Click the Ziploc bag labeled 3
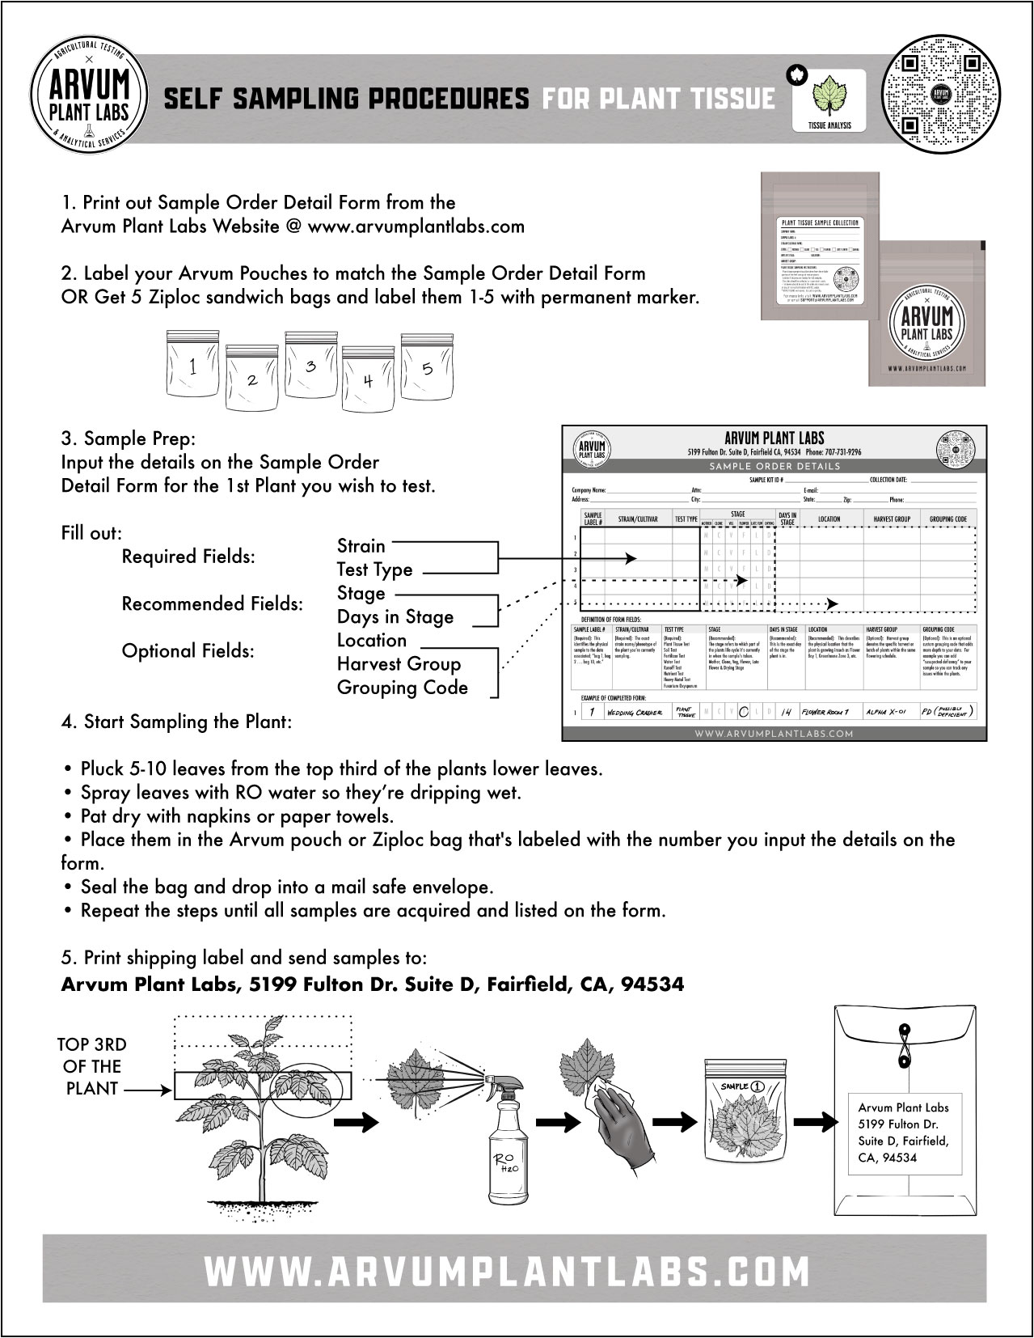click(310, 368)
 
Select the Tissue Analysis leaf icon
click(828, 97)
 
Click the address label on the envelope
click(904, 1132)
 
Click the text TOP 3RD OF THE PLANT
click(93, 1066)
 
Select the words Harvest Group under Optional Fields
click(399, 664)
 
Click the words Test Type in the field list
click(374, 569)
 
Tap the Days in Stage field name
click(395, 617)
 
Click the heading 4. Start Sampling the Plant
click(177, 722)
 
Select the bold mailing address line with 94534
click(373, 984)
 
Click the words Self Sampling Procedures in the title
click(346, 99)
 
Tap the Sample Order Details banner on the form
click(774, 466)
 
